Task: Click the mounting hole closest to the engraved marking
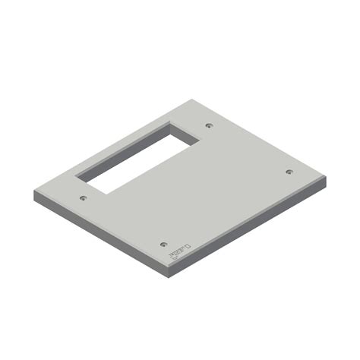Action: click(163, 245)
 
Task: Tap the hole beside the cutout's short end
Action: click(210, 125)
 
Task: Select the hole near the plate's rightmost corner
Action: click(289, 172)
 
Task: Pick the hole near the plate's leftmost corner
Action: click(83, 198)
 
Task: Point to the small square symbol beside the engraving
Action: click(188, 246)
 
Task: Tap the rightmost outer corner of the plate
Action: click(326, 178)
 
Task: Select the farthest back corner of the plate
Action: click(206, 99)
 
